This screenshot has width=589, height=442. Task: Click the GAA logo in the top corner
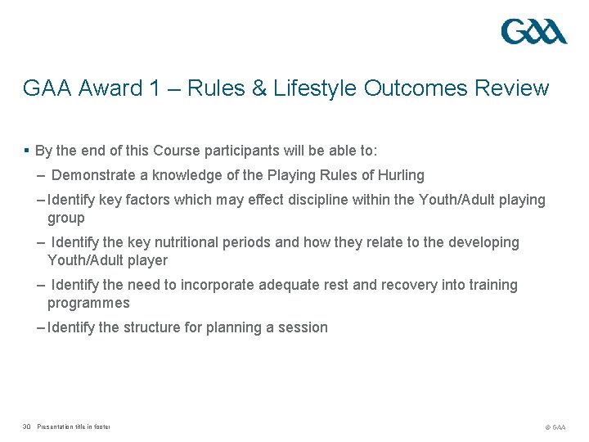click(533, 31)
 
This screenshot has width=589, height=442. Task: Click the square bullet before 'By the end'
click(27, 151)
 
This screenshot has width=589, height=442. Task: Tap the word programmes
click(88, 303)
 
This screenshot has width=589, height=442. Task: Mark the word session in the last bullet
click(303, 327)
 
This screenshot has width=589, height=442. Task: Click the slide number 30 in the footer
click(27, 426)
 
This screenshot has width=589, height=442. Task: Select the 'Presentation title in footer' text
click(74, 426)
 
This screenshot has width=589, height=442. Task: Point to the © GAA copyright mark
click(555, 427)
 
